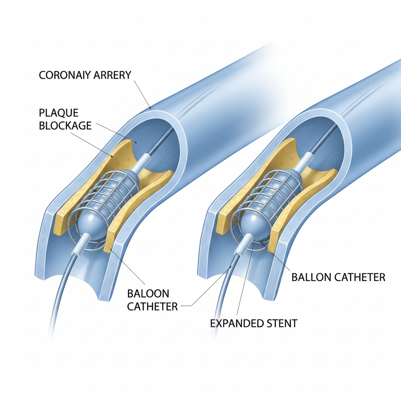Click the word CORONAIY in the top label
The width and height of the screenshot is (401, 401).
click(x=64, y=75)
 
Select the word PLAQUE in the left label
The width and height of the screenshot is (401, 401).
click(x=59, y=113)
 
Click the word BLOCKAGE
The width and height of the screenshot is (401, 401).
click(x=65, y=126)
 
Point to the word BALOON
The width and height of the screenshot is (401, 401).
click(x=148, y=293)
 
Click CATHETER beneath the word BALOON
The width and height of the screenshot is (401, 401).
click(x=153, y=306)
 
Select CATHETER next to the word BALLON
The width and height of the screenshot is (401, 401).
click(x=358, y=277)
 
